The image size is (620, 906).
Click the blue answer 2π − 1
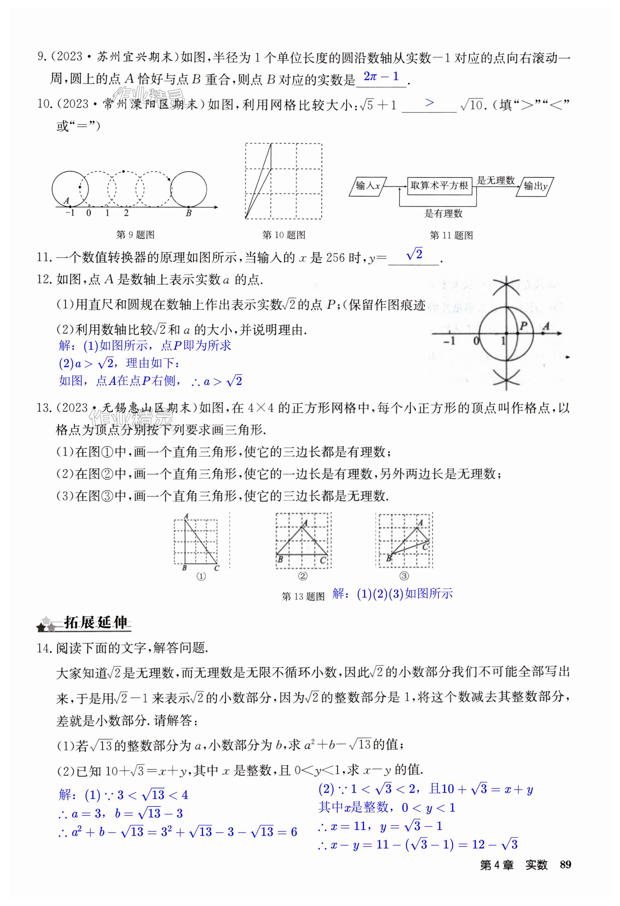click(381, 77)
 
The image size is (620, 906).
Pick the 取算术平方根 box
click(439, 186)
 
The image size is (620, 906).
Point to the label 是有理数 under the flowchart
click(444, 213)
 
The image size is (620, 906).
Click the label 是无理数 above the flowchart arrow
click(496, 180)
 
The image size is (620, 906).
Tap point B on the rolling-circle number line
click(189, 213)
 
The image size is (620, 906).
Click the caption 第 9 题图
click(135, 235)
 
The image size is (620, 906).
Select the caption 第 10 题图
click(283, 235)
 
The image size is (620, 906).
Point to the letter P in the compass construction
click(523, 325)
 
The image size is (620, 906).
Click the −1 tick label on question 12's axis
click(449, 341)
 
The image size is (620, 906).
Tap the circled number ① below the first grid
click(201, 576)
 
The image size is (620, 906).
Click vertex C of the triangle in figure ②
click(323, 560)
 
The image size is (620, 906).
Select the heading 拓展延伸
click(96, 623)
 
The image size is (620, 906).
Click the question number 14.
click(44, 648)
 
